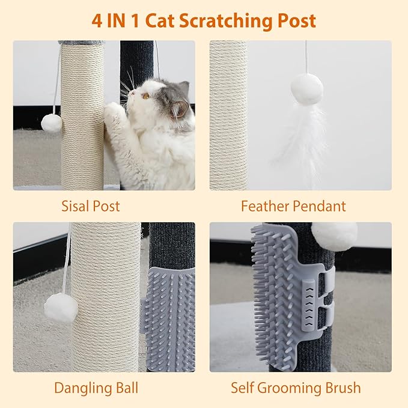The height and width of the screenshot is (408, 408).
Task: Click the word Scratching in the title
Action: [226, 20]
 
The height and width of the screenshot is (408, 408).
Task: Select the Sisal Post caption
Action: [90, 206]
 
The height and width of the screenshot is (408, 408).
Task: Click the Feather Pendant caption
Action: [293, 206]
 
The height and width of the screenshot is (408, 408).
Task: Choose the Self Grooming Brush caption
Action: [296, 388]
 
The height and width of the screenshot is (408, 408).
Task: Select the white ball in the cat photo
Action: [52, 123]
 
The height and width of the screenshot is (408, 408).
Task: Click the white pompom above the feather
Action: [306, 88]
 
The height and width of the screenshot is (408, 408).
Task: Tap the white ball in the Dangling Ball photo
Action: [61, 308]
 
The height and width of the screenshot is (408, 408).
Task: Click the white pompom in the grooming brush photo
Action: [333, 236]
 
